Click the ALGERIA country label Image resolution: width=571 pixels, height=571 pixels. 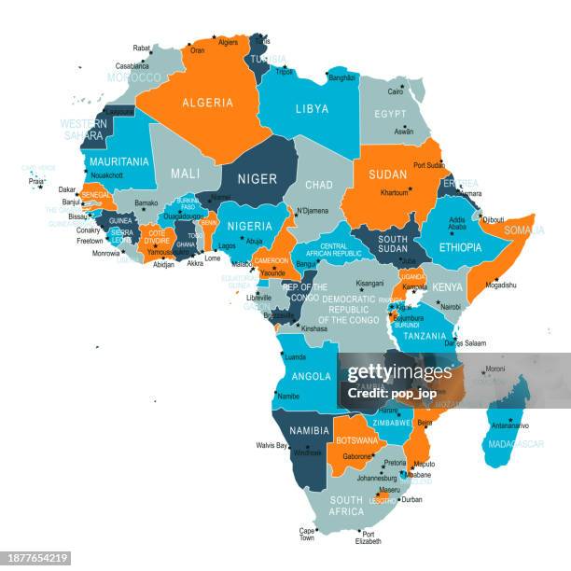pos(207,103)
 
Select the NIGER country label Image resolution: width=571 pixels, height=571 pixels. pos(257,178)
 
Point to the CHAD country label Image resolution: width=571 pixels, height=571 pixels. pos(318,185)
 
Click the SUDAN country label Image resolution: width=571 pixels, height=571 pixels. pos(387,174)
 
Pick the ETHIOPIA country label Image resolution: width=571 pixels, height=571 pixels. pos(460,248)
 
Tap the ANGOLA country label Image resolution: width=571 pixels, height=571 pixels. pos(312,377)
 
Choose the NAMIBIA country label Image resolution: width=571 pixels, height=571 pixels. pos(309,431)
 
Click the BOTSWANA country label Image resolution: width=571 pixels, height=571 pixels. pos(357,440)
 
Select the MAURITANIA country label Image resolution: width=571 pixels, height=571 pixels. pos(119,161)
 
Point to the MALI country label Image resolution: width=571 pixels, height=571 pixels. pos(185,174)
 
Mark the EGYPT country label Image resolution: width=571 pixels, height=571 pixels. pos(390,114)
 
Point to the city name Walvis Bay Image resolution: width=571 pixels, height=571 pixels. pos(272,446)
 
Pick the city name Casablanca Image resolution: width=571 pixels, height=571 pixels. pos(132,66)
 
